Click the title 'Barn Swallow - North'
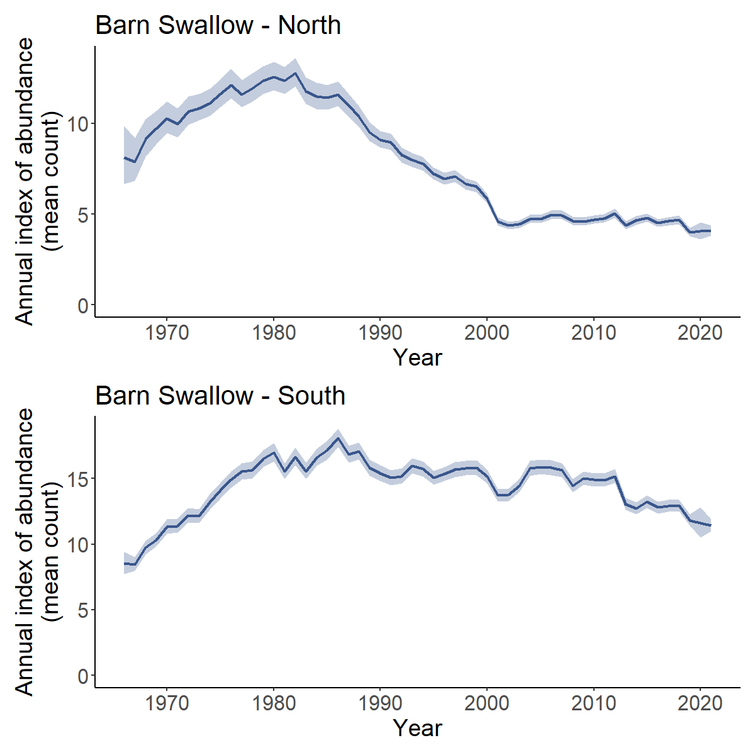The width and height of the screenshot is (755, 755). tap(218, 26)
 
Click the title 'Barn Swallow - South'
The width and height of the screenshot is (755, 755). tap(220, 396)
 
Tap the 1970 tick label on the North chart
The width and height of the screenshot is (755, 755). tap(167, 332)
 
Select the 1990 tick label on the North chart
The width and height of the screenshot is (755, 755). tap(380, 332)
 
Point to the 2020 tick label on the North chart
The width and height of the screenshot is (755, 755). tap(700, 332)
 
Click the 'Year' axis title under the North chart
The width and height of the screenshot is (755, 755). tap(417, 357)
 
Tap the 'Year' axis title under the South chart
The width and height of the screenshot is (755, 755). tap(417, 728)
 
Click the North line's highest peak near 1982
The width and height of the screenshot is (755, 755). tap(295, 74)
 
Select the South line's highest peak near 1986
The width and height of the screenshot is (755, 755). tap(338, 439)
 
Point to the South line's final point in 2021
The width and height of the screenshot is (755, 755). tap(710, 525)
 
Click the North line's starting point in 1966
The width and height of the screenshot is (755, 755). tap(125, 158)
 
